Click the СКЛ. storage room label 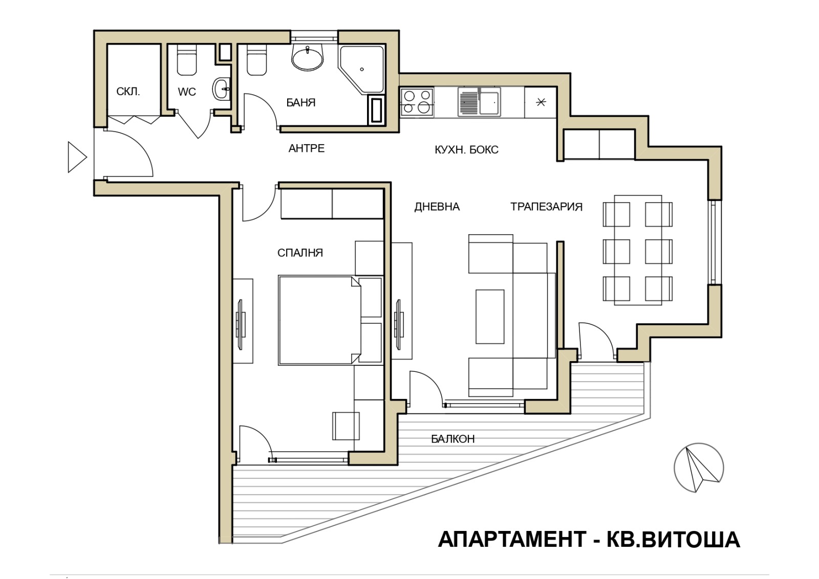[x=128, y=92]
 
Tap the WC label [x=187, y=92]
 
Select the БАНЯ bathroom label [x=300, y=102]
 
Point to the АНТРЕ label [x=306, y=148]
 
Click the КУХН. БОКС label [x=466, y=150]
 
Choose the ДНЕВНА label [x=437, y=207]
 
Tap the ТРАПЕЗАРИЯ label [x=546, y=207]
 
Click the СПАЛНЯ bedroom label [x=300, y=253]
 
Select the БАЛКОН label [x=452, y=439]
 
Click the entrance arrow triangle [x=76, y=157]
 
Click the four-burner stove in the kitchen [x=416, y=102]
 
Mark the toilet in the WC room [x=187, y=60]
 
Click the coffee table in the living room [x=490, y=316]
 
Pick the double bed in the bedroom [x=317, y=320]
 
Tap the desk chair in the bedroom [x=346, y=426]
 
